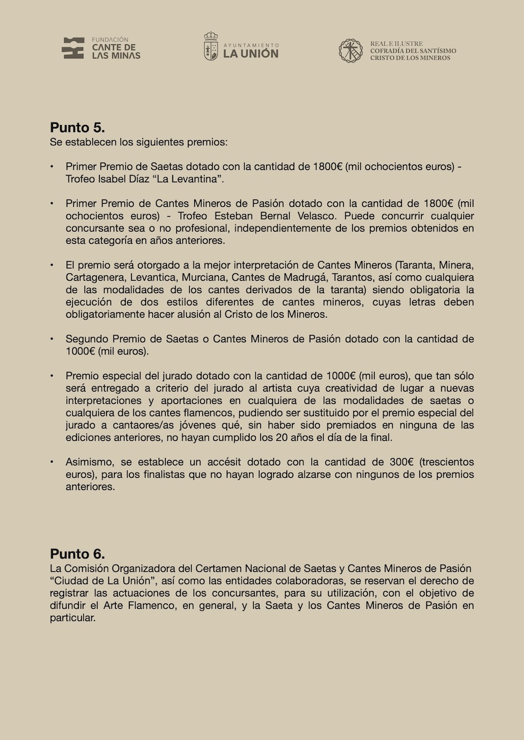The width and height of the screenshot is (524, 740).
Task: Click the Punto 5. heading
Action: pyautogui.click(x=77, y=128)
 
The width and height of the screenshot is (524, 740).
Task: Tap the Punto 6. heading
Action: pyautogui.click(x=77, y=553)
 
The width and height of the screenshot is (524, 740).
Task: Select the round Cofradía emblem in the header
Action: pyautogui.click(x=351, y=50)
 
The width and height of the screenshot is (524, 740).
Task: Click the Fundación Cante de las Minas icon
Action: pyautogui.click(x=73, y=48)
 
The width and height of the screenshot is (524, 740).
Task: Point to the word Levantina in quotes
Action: pyautogui.click(x=192, y=179)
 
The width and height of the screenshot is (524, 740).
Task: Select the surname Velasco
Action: pyautogui.click(x=316, y=216)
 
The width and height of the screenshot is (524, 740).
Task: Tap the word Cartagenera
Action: pyautogui.click(x=94, y=278)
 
